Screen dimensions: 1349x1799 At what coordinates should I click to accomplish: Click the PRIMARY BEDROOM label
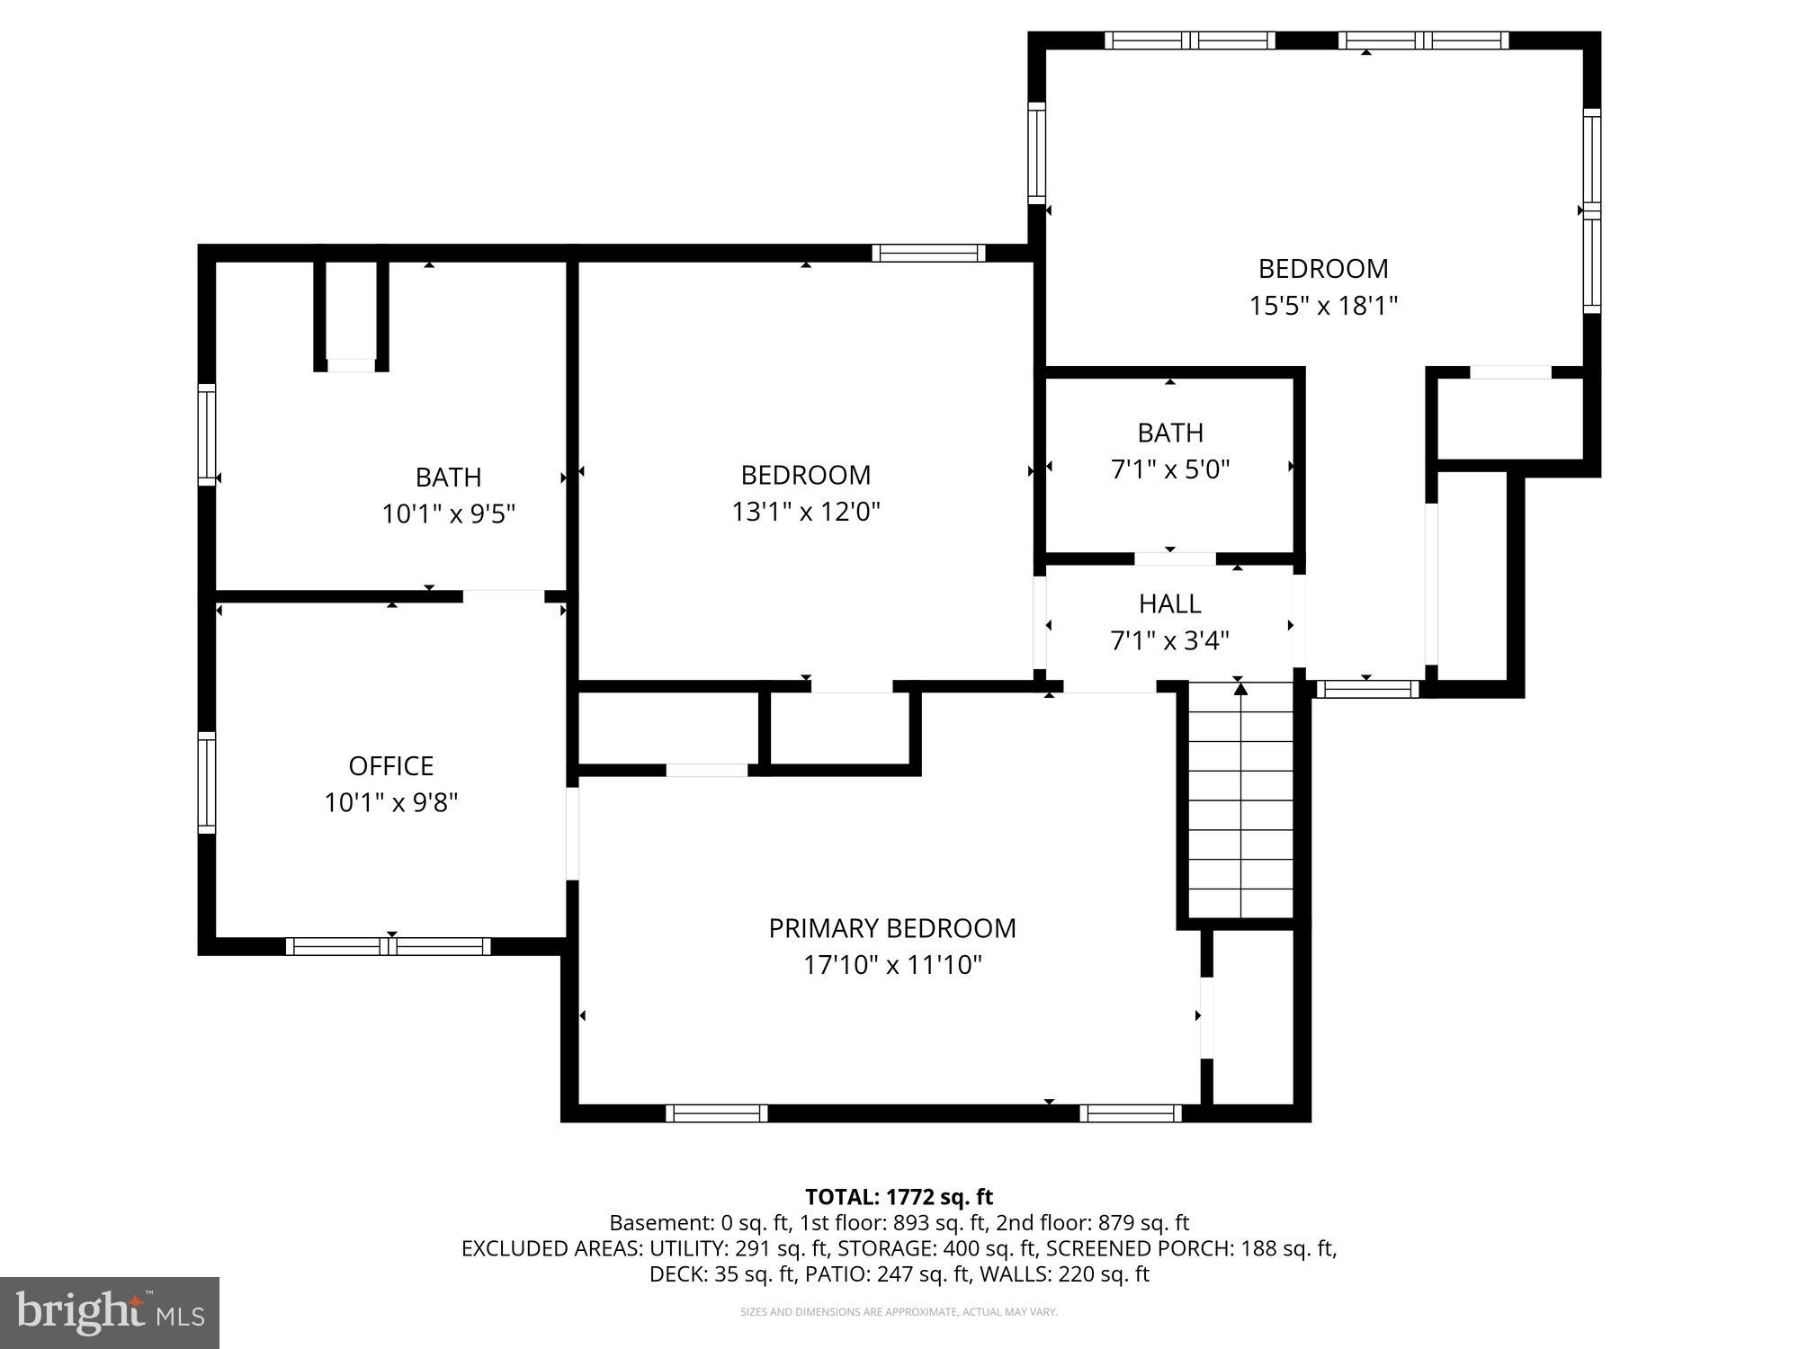(891, 928)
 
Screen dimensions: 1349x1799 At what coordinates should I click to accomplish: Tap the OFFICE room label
(390, 765)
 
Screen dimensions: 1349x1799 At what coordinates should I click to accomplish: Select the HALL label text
(1169, 603)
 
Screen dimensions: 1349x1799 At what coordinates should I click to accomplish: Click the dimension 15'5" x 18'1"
(1322, 306)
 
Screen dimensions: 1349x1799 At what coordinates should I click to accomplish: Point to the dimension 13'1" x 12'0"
(805, 512)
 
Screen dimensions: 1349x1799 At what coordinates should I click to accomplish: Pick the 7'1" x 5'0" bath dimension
(1169, 469)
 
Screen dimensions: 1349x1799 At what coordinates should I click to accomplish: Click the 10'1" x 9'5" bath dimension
(448, 514)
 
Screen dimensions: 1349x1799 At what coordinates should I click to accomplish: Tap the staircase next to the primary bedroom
(1240, 800)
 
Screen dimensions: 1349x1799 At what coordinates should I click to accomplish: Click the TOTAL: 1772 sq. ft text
(899, 1197)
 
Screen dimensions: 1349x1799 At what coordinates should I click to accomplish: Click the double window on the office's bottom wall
(389, 946)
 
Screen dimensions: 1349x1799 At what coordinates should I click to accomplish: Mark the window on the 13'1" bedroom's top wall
(928, 253)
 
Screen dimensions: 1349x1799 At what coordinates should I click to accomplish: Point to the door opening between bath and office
(504, 595)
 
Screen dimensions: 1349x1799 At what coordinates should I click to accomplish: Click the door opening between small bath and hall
(1175, 558)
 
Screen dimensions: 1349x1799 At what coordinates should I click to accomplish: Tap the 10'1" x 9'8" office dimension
(390, 802)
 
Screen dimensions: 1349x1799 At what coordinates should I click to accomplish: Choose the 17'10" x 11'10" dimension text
(891, 965)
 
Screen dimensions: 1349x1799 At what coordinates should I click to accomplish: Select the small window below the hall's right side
(1367, 689)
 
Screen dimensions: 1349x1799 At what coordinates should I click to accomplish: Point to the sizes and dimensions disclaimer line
(899, 1312)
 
